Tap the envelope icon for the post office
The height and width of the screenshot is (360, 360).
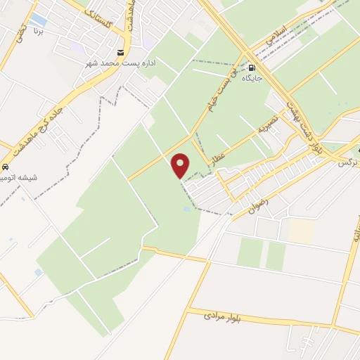coord(121,53)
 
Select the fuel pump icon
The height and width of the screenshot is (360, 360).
coord(252,68)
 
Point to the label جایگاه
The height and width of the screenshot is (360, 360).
coord(252,78)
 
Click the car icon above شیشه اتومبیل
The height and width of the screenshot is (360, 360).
coord(6,168)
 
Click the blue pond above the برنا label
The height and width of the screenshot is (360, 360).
coord(39,20)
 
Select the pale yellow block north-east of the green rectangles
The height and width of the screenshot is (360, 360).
coord(300,229)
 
